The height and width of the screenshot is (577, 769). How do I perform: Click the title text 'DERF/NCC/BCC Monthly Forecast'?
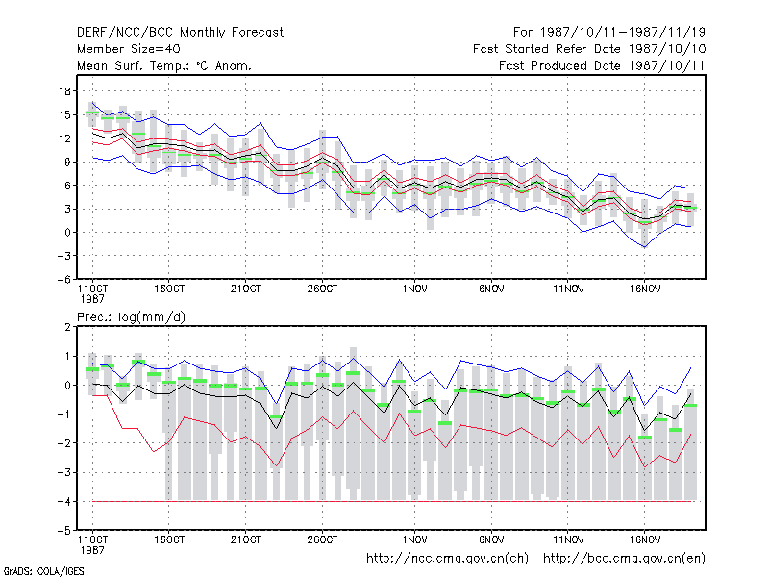(x=180, y=33)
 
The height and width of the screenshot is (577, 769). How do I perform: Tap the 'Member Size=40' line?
(x=129, y=49)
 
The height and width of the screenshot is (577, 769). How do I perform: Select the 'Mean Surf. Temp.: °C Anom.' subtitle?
(x=164, y=65)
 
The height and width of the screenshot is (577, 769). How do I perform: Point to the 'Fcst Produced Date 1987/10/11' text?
(x=602, y=65)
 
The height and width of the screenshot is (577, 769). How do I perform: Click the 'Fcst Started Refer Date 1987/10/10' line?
(x=589, y=49)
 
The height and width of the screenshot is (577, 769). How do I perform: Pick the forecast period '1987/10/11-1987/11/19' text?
(x=622, y=33)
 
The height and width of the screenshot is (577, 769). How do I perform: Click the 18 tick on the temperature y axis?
(x=64, y=91)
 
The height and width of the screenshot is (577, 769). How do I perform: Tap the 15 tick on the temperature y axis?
(x=64, y=114)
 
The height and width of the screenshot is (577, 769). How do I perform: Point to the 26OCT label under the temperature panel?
(x=322, y=289)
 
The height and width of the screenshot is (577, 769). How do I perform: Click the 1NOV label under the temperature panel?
(x=414, y=289)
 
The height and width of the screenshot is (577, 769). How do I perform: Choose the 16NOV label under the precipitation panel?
(x=644, y=539)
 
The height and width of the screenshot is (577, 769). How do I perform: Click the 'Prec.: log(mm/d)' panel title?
(x=131, y=317)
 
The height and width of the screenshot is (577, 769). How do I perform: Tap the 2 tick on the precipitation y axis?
(x=67, y=327)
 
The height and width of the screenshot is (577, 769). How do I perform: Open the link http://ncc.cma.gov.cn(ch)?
(x=447, y=559)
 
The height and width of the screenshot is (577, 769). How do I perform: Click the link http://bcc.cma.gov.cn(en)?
(x=624, y=559)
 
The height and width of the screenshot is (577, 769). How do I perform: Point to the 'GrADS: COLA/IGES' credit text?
(x=43, y=571)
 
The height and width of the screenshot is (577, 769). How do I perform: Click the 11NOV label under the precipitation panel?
(x=568, y=539)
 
